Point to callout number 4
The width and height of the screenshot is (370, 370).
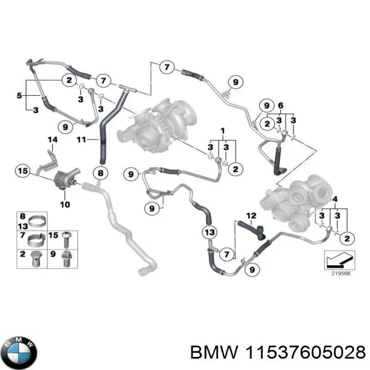[335, 199]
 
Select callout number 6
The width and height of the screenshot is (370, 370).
[280, 105]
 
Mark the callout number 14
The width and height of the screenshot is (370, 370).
[52, 139]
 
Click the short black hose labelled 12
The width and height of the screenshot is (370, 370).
[252, 228]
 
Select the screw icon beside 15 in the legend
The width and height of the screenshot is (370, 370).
[66, 239]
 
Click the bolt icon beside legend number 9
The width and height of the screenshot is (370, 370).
[66, 259]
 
